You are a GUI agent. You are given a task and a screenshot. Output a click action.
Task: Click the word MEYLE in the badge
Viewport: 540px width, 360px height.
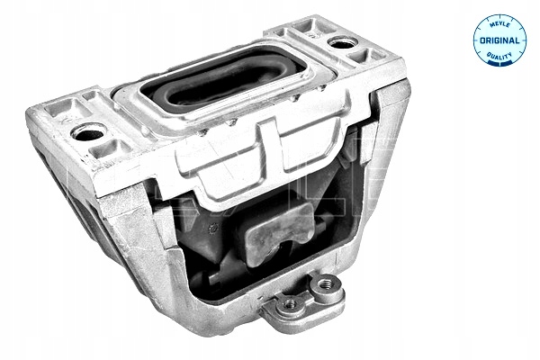[x=499, y=25]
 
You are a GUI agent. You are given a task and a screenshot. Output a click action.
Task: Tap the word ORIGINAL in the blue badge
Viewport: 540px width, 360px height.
[x=499, y=40]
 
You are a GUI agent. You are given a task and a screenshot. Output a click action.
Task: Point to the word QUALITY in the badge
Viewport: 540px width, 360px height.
[x=499, y=55]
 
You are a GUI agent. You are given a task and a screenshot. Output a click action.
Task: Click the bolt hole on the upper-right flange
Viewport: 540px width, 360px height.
[x=341, y=43]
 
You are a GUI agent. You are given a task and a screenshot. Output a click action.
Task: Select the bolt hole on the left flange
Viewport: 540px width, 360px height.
[x=88, y=133]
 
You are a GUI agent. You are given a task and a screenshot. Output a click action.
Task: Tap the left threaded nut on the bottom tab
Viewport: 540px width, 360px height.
[x=290, y=303]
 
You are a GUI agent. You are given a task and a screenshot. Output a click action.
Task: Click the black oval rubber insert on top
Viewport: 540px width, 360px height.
[x=222, y=79]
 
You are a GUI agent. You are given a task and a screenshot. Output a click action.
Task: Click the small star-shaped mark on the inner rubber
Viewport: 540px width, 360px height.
[x=214, y=228]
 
